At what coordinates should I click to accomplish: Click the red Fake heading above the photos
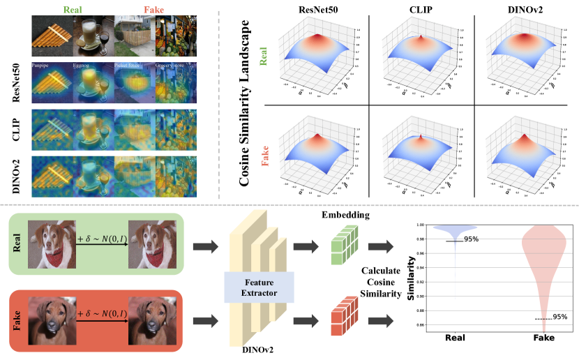point(135,11)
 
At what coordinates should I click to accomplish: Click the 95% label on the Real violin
point(472,239)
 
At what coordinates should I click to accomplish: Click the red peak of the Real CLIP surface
point(421,36)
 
